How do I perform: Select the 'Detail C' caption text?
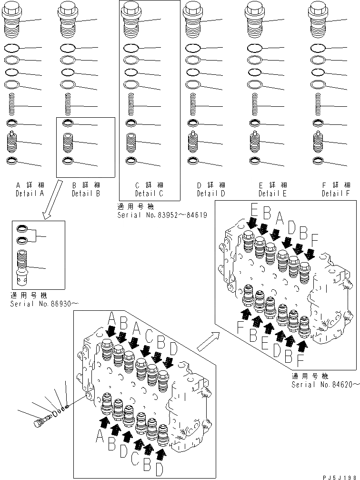[149, 194]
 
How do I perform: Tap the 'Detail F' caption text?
[336, 194]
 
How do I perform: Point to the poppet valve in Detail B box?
[70, 142]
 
